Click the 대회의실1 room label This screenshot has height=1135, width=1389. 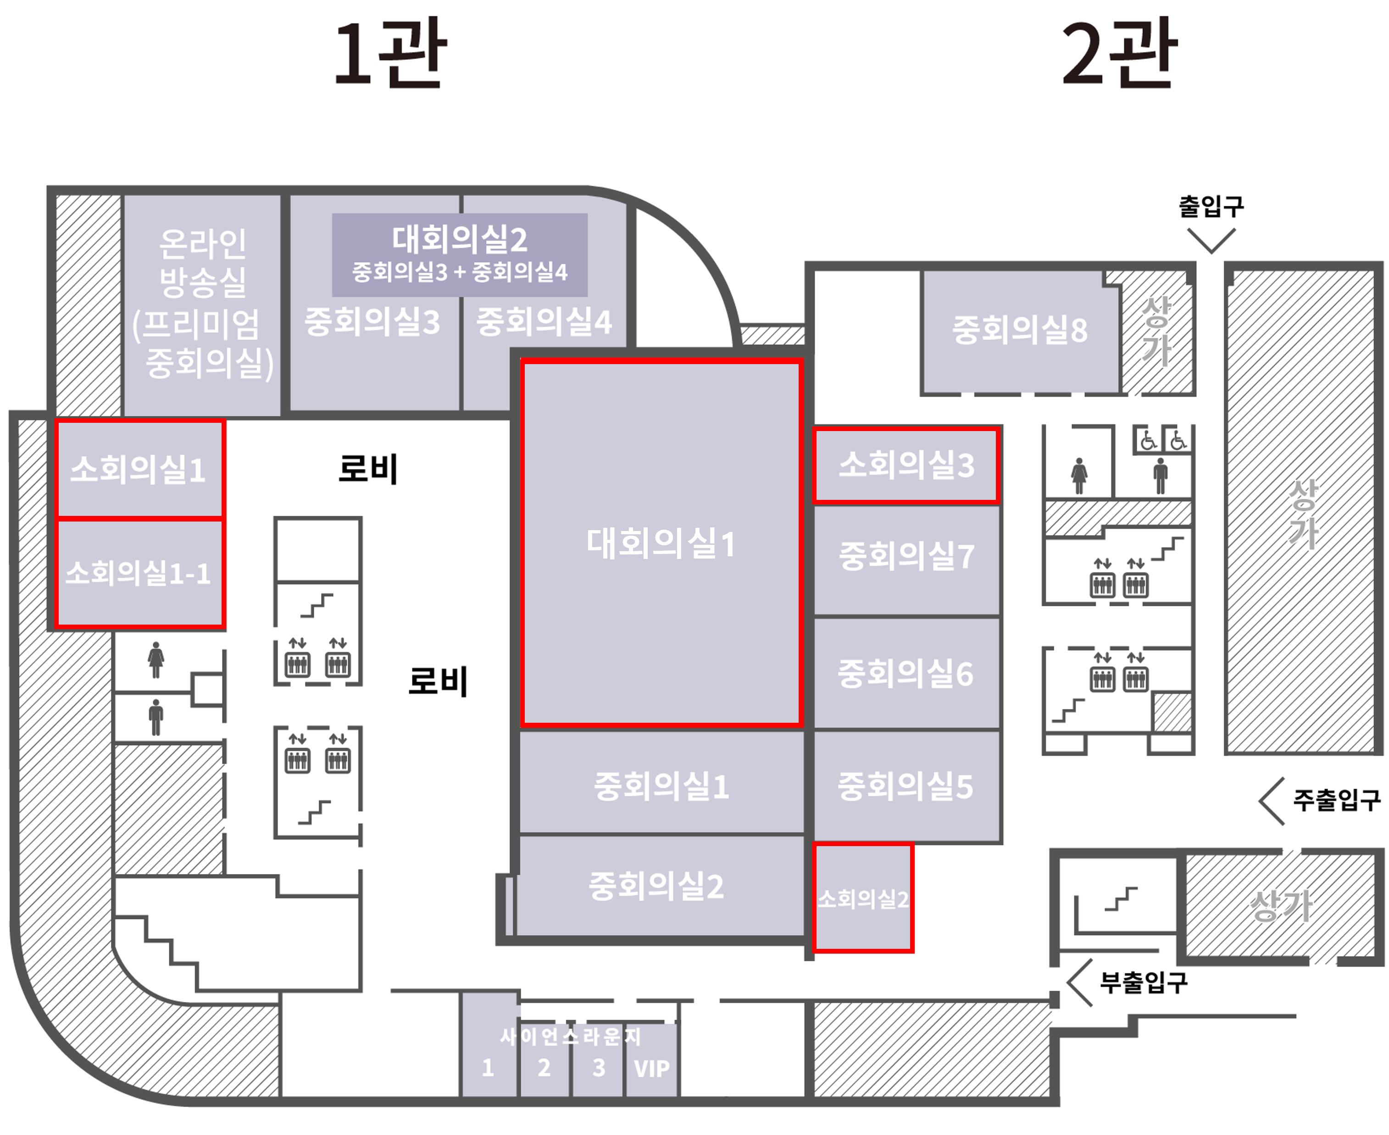661,543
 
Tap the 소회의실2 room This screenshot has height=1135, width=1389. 863,897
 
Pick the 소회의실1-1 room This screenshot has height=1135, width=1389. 140,573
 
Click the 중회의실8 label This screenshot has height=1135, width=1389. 1020,330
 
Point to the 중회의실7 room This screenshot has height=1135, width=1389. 906,560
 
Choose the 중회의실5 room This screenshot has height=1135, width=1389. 906,786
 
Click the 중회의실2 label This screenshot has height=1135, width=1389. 656,886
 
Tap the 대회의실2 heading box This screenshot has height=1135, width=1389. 460,255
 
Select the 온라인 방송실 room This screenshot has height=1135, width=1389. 202,305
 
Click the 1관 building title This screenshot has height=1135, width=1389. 390,54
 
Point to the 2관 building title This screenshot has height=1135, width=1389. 1120,54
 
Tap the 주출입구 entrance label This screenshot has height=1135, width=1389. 1337,800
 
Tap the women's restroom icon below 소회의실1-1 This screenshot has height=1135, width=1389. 156,660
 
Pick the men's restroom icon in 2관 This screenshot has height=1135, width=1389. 1160,475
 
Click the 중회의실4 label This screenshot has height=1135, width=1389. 544,321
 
